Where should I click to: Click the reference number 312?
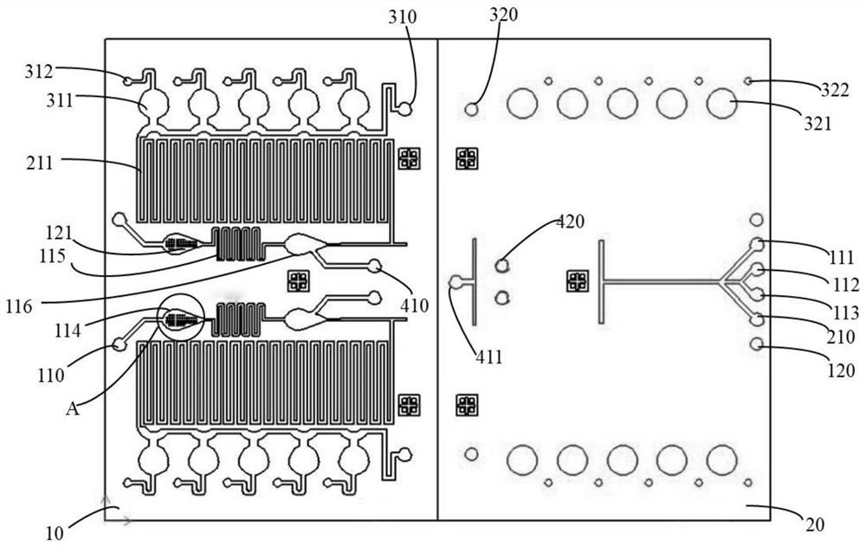(39, 72)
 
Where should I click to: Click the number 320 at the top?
(502, 16)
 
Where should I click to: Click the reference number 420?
(570, 222)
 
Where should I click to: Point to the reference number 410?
(414, 304)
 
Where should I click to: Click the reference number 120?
(840, 370)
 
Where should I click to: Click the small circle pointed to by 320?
(472, 109)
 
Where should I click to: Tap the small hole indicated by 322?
(747, 81)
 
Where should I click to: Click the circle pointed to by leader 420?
(501, 265)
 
